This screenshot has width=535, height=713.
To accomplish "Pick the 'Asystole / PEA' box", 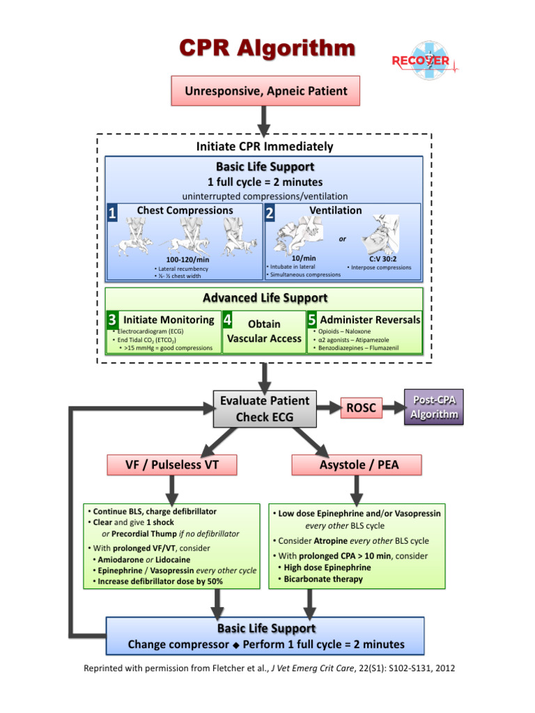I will click(359, 464).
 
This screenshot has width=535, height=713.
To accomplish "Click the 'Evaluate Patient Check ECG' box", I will click(264, 408).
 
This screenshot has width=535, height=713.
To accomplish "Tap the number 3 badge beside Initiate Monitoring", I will click(111, 320).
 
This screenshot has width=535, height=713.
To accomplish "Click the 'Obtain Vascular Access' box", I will click(264, 332).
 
